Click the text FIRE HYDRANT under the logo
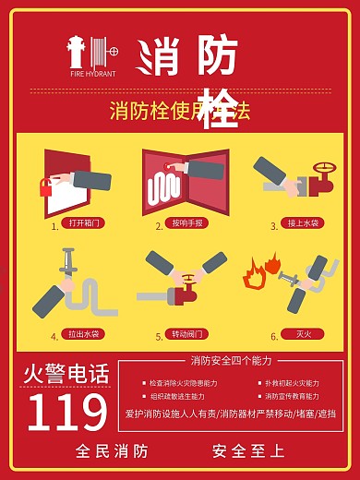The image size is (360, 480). pos(92,72)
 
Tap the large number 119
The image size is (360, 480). pos(67,413)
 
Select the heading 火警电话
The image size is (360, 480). pos(66,374)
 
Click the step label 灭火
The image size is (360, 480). pos(302,334)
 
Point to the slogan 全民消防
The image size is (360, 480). pos(112,451)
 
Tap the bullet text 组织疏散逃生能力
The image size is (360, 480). pos(184,395)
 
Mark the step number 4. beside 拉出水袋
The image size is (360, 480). pos(54,336)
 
